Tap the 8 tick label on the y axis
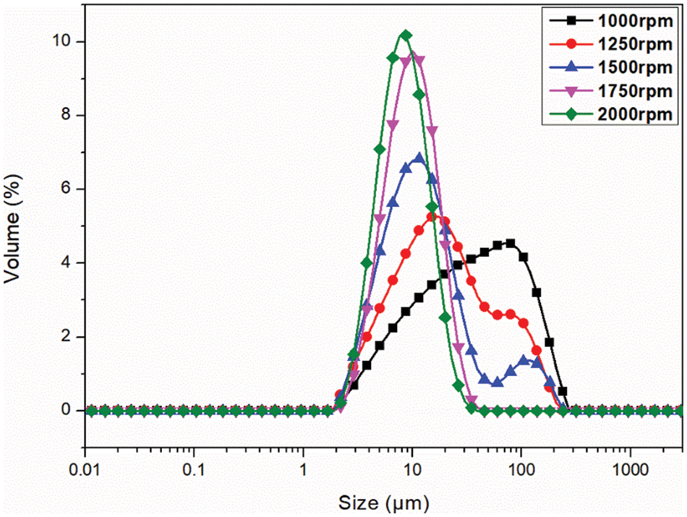coord(64,115)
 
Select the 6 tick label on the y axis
coord(64,189)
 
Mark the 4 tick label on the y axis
coord(64,262)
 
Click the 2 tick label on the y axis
coord(64,336)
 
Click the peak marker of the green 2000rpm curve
coord(406,35)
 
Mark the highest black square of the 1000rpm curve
coord(511,243)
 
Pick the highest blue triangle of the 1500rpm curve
coord(418,158)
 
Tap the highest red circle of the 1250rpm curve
coord(432,217)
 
